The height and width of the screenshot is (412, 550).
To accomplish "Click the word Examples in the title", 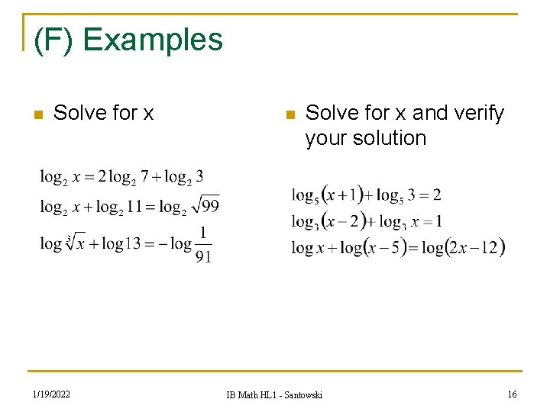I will pyautogui.click(x=153, y=40).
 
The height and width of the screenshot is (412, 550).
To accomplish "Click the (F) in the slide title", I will pyautogui.click(x=54, y=40).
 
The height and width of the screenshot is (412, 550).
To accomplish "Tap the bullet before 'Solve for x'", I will pyautogui.click(x=36, y=114).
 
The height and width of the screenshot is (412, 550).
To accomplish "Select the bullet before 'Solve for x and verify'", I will pyautogui.click(x=288, y=114).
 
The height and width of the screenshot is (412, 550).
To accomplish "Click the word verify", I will pyautogui.click(x=477, y=113).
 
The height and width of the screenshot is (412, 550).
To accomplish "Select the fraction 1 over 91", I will pyautogui.click(x=203, y=244).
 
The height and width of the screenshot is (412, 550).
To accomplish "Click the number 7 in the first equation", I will pyautogui.click(x=144, y=177).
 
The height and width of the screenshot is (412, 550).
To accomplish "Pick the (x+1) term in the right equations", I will pyautogui.click(x=342, y=195).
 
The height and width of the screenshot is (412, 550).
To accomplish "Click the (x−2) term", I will pyautogui.click(x=342, y=220).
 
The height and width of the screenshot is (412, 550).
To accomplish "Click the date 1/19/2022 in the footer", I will pyautogui.click(x=52, y=394).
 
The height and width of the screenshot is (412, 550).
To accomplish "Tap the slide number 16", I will pyautogui.click(x=512, y=394).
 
